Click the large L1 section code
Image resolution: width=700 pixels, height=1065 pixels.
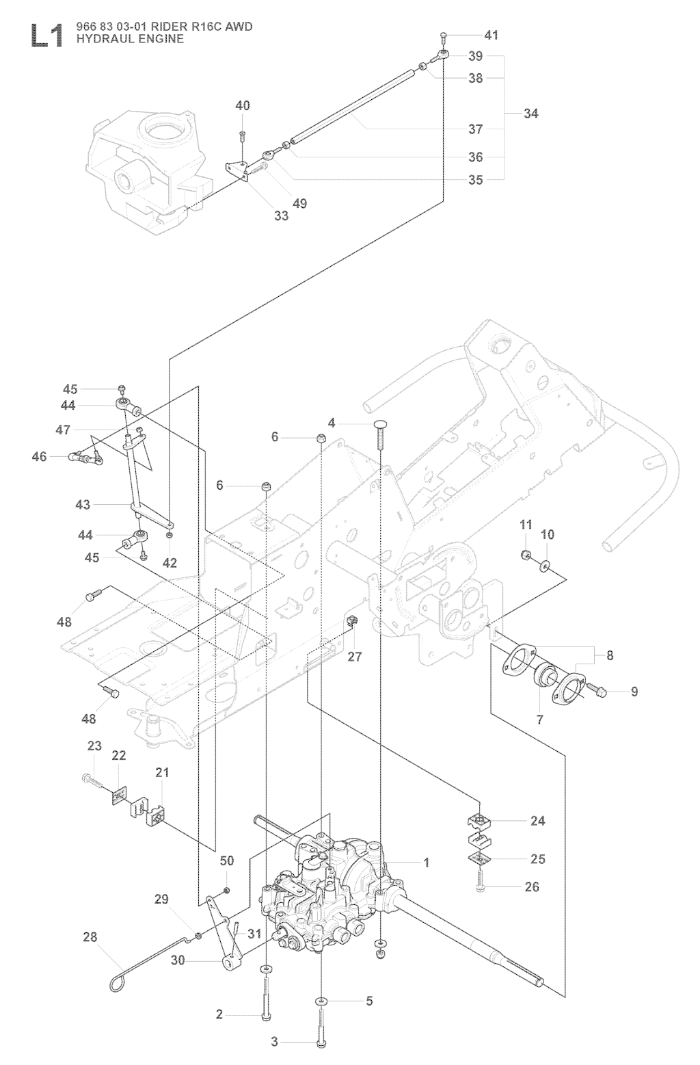pyautogui.click(x=46, y=36)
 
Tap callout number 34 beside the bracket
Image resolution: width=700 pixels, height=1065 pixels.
pyautogui.click(x=531, y=113)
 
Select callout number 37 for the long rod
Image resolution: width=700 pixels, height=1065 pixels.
pyautogui.click(x=475, y=129)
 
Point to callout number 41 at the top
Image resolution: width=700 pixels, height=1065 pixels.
pyautogui.click(x=491, y=35)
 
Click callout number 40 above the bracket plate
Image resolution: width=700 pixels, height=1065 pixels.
pyautogui.click(x=243, y=105)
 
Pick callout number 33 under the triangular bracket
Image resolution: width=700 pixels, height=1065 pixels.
pyautogui.click(x=282, y=215)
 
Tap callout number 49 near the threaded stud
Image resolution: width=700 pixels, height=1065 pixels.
pyautogui.click(x=299, y=203)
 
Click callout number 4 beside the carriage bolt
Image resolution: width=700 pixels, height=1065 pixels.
pyautogui.click(x=332, y=423)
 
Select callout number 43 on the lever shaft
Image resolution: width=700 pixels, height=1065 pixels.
pyautogui.click(x=83, y=504)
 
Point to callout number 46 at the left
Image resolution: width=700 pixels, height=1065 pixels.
pyautogui.click(x=40, y=457)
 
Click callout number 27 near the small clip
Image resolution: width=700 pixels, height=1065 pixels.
pyautogui.click(x=355, y=657)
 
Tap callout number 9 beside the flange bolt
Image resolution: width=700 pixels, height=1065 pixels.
pyautogui.click(x=634, y=692)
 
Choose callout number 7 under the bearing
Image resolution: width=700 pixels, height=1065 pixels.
pyautogui.click(x=539, y=720)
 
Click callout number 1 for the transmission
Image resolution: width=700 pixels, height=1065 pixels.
pyautogui.click(x=427, y=863)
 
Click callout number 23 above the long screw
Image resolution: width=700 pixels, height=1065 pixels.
pyautogui.click(x=94, y=746)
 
